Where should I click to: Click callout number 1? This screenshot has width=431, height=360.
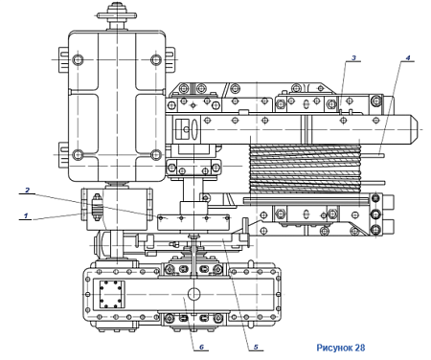tap(26, 215)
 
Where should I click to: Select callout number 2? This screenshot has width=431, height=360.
tap(28, 191)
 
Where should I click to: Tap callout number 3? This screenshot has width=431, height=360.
tap(353, 58)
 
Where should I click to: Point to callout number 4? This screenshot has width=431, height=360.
tap(408, 58)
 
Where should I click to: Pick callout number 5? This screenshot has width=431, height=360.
tap(256, 347)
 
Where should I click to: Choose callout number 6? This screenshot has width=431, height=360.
tap(201, 347)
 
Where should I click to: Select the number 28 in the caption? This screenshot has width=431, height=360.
tap(360, 348)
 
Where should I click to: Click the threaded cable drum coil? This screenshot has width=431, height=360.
tap(305, 169)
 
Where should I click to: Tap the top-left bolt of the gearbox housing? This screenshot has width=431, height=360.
tap(78, 59)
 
